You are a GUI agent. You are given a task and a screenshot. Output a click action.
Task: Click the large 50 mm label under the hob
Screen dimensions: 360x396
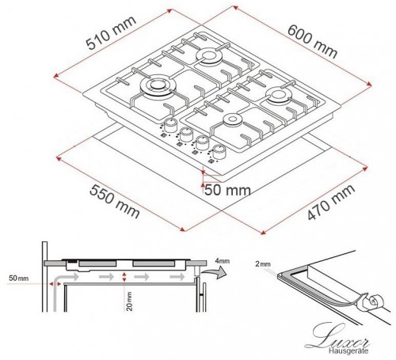point(228,191)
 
